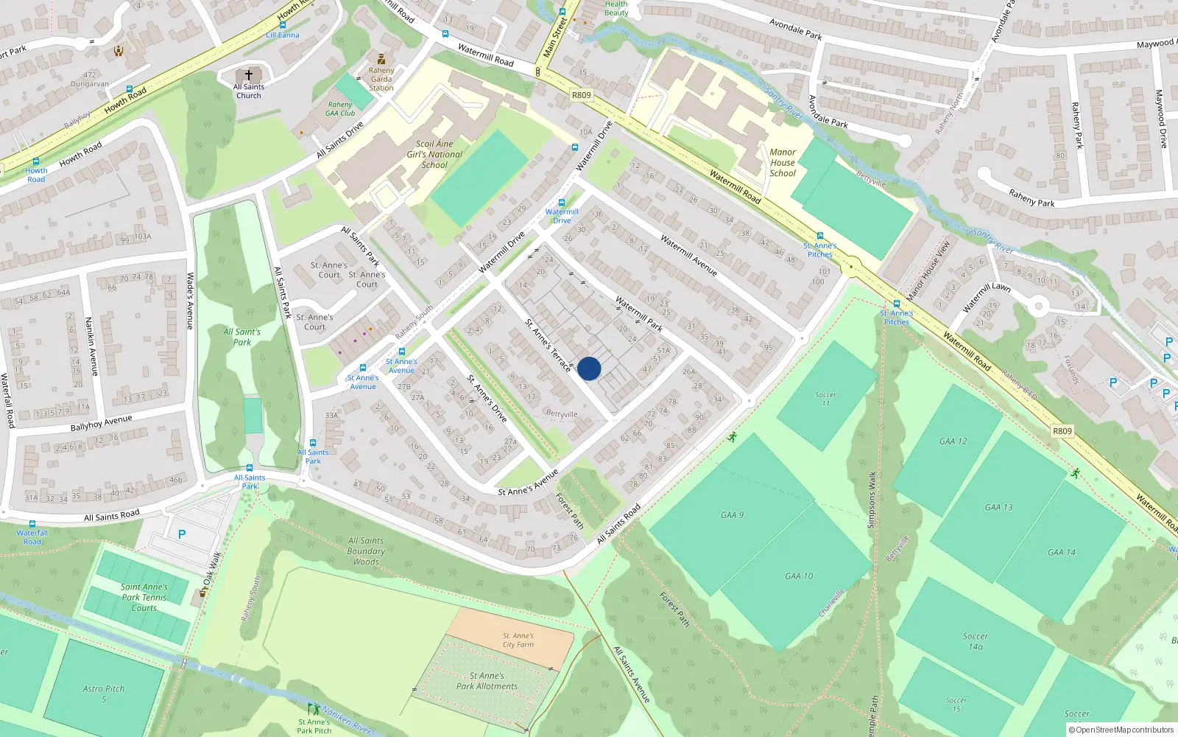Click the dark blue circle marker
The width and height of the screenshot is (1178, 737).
pyautogui.click(x=589, y=368)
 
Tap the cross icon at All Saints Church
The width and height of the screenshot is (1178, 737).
pyautogui.click(x=249, y=75)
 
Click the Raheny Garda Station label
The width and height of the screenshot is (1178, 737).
pyautogui.click(x=381, y=79)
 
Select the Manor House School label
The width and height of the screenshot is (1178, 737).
pyautogui.click(x=783, y=163)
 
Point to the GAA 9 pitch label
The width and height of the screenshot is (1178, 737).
pyautogui.click(x=733, y=515)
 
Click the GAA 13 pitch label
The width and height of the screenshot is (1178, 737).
pyautogui.click(x=998, y=507)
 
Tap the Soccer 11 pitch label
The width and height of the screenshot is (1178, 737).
pyautogui.click(x=825, y=399)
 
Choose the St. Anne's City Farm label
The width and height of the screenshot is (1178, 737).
pyautogui.click(x=518, y=640)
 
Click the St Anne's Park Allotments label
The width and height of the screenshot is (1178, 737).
pyautogui.click(x=487, y=681)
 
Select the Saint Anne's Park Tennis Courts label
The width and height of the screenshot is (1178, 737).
pyautogui.click(x=144, y=598)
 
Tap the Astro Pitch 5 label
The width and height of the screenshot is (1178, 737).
pyautogui.click(x=104, y=694)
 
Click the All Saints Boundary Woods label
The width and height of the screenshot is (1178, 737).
pyautogui.click(x=366, y=551)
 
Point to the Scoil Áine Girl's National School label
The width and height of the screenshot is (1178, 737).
pyautogui.click(x=434, y=154)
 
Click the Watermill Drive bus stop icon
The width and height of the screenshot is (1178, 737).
pyautogui.click(x=562, y=203)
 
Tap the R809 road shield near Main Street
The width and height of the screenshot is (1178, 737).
pyautogui.click(x=581, y=95)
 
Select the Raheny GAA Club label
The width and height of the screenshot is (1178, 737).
pyautogui.click(x=340, y=109)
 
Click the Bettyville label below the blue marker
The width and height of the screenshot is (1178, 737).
pyautogui.click(x=562, y=414)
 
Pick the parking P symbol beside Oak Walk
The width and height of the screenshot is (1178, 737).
pyautogui.click(x=182, y=534)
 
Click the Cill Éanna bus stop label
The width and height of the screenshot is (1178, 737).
pyautogui.click(x=283, y=35)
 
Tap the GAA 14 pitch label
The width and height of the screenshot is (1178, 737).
pyautogui.click(x=1061, y=552)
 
